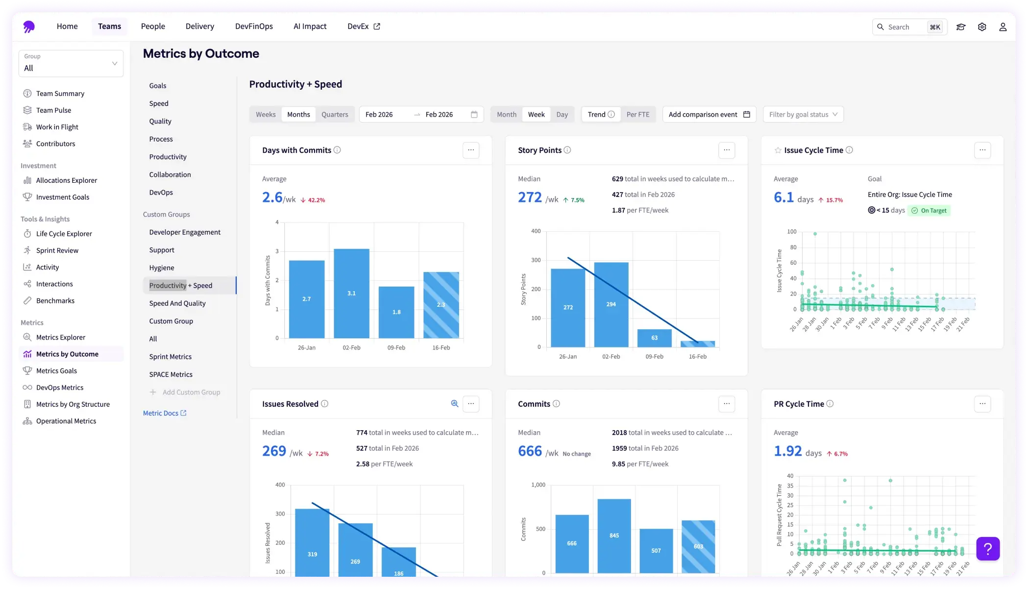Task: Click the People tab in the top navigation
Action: (153, 26)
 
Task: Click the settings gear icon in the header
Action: (982, 27)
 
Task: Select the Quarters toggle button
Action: (335, 115)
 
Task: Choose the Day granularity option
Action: (562, 115)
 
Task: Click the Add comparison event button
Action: (709, 115)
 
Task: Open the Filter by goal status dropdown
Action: (803, 115)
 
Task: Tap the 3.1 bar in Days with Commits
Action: (351, 293)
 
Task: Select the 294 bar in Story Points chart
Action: (611, 304)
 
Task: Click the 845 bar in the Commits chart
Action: (614, 535)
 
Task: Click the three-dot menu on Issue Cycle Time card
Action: (982, 150)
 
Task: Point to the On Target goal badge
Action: (929, 211)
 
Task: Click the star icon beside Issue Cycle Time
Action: (778, 150)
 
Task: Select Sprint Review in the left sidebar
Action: (57, 250)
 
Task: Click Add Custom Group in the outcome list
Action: (191, 393)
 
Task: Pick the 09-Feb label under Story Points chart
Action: (654, 357)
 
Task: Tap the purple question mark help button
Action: (988, 549)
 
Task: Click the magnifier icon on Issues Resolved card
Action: (454, 404)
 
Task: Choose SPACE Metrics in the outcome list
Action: (171, 374)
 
